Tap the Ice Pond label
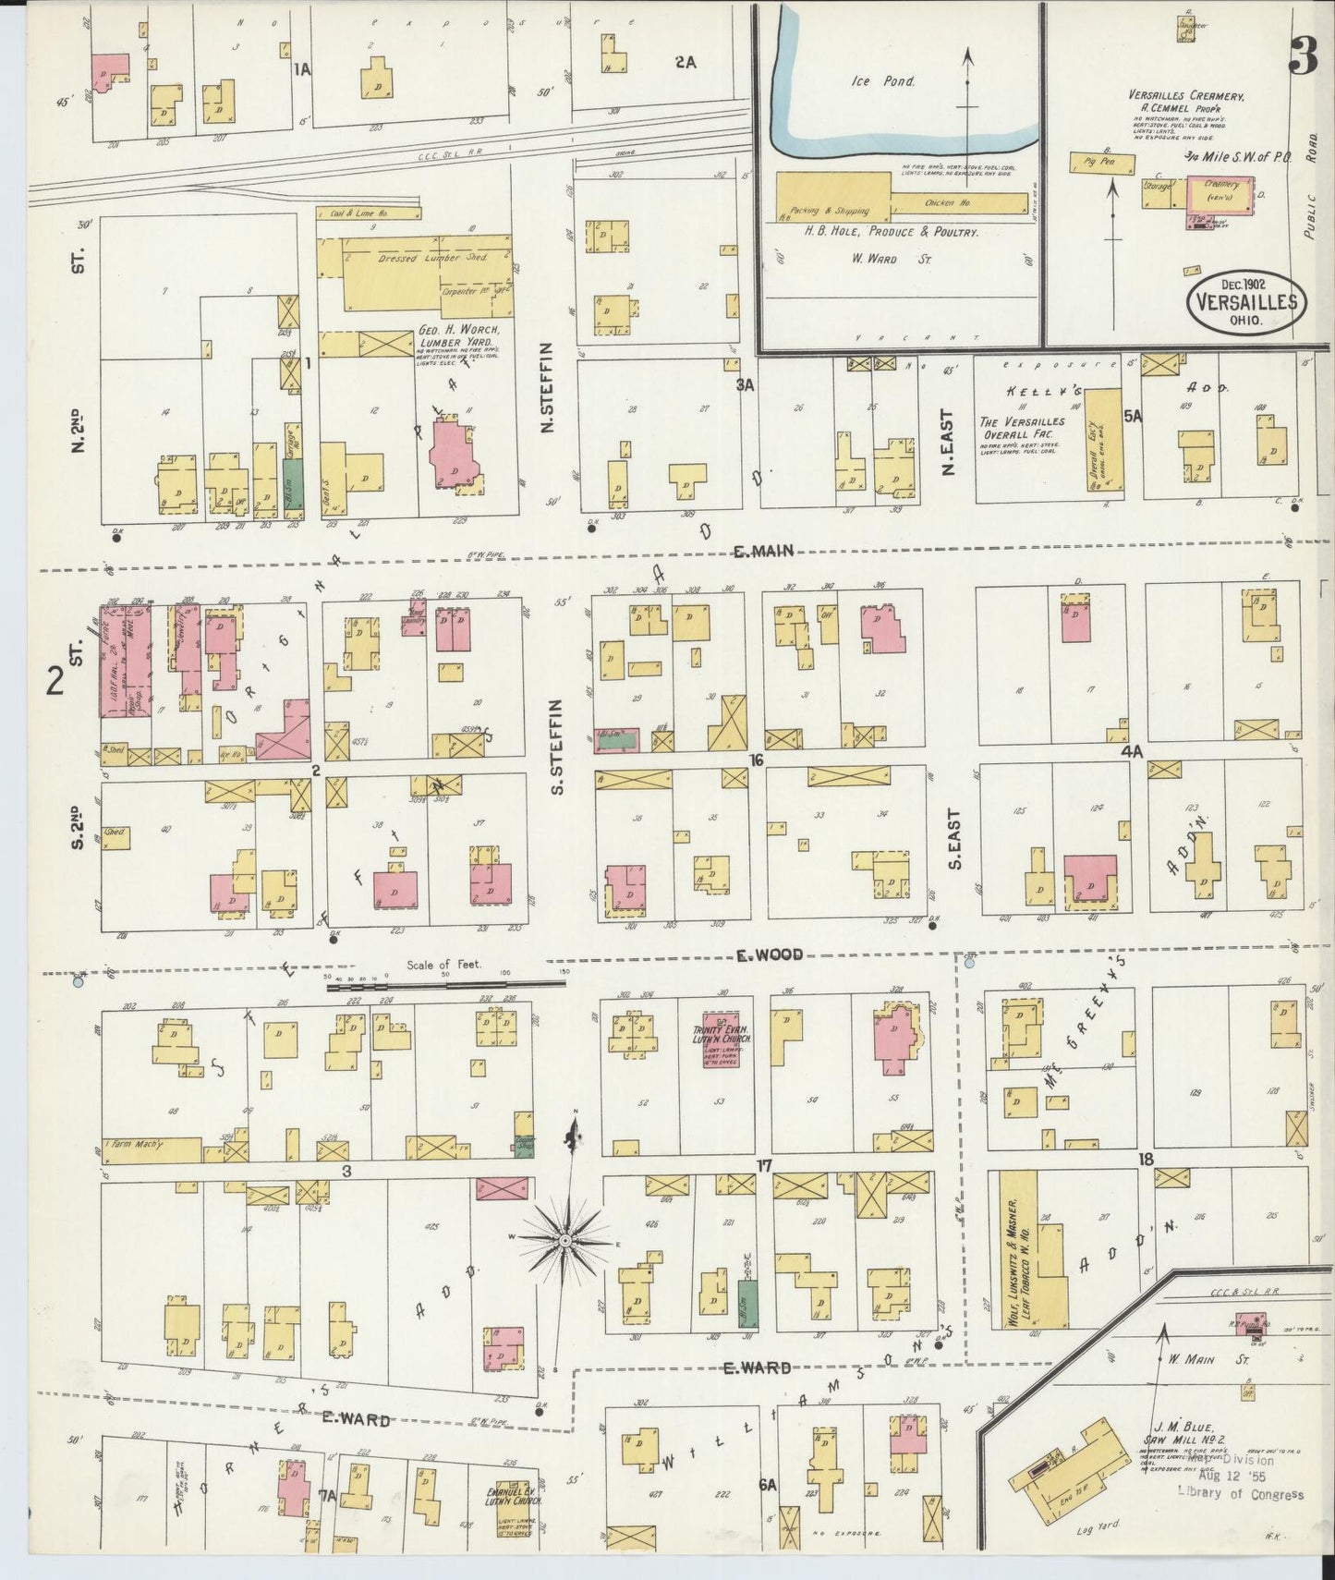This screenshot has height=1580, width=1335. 882,81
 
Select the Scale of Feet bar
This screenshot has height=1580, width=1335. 444,985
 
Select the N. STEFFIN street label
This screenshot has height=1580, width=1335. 547,387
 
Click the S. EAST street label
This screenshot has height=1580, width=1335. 954,839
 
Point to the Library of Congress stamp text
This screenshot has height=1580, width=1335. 1240,1494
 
